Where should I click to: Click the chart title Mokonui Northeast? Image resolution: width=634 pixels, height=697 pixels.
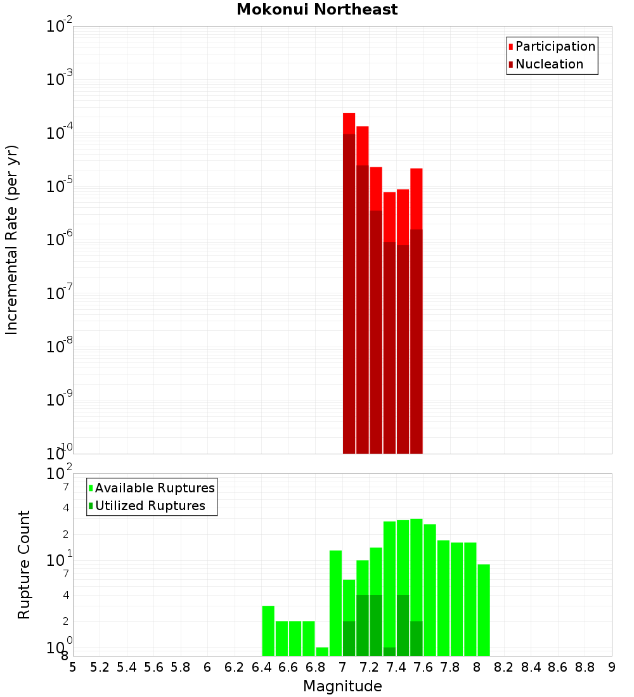coord(317,10)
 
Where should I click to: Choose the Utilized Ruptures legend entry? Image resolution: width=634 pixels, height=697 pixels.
coord(150,506)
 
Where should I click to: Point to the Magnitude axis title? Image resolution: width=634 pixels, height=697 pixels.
coord(342,686)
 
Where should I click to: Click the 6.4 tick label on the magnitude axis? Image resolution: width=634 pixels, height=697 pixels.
coord(262,667)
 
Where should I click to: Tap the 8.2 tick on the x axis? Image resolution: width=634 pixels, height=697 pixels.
coord(504,667)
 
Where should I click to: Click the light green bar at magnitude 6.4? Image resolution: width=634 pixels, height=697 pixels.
coord(268,630)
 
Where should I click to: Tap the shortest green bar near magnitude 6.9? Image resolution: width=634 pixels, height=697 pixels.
coord(322,651)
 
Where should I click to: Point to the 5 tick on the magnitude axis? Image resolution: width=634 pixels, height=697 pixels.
coord(73,667)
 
